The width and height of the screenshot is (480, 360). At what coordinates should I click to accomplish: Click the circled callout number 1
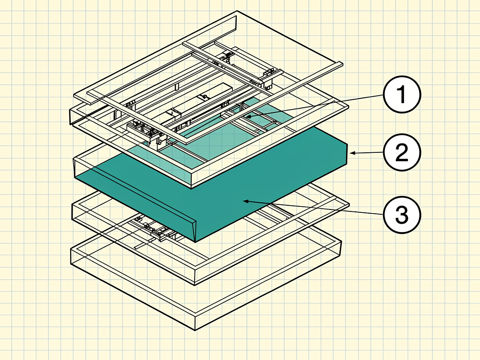[402, 95]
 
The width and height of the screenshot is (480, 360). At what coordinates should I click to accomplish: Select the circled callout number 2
[402, 152]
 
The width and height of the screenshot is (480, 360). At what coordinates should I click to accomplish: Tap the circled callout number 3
[402, 215]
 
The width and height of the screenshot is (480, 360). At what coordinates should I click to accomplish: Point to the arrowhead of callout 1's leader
[248, 116]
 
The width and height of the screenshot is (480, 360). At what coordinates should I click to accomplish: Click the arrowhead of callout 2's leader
[352, 153]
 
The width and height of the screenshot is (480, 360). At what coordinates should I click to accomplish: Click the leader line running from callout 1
[315, 105]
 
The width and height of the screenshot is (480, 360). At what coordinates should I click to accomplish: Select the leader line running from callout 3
[314, 208]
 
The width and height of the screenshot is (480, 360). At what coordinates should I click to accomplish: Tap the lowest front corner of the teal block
[195, 242]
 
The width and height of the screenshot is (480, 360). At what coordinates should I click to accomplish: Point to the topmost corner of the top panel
[237, 11]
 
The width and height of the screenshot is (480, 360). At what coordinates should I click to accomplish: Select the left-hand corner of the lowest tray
[71, 248]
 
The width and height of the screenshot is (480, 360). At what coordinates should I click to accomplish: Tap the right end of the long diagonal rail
[342, 64]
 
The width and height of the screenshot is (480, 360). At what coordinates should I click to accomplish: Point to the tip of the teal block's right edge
[347, 143]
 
